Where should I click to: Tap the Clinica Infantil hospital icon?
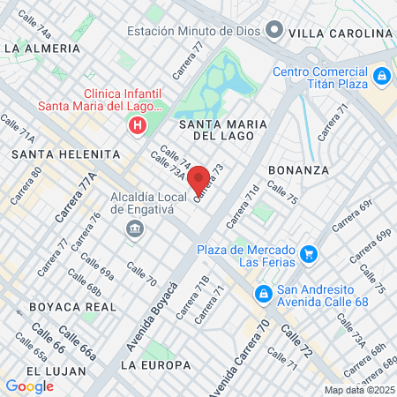137,126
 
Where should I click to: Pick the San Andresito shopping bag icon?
263,293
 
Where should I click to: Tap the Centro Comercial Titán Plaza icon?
381,78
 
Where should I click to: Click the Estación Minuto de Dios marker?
273,32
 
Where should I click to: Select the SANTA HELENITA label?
65,154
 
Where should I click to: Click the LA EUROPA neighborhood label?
155,364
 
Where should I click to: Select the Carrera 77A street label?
75,198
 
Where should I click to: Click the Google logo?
29,386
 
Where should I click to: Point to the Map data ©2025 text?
357,390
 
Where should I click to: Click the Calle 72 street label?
296,341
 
